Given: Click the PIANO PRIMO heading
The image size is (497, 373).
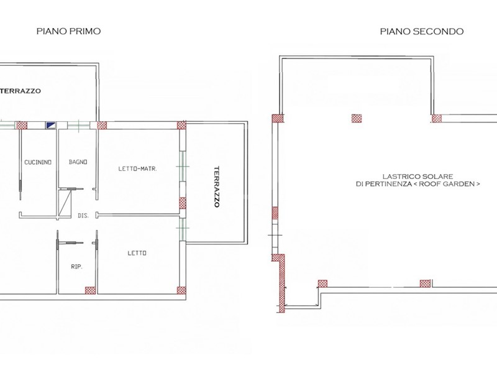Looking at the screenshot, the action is click(x=68, y=31).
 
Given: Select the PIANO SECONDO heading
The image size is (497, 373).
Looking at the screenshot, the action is click(x=422, y=31).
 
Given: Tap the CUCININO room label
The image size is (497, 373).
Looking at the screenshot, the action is click(x=38, y=162).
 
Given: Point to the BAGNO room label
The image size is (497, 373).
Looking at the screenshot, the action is click(x=78, y=162).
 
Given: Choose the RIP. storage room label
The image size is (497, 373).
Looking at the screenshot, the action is click(x=76, y=267).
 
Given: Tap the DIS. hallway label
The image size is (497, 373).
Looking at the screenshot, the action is click(x=83, y=215).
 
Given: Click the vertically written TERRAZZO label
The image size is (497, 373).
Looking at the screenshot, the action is click(x=216, y=186).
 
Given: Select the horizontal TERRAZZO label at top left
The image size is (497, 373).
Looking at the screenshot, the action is click(x=21, y=91).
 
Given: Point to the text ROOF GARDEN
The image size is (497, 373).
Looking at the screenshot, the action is click(x=449, y=183).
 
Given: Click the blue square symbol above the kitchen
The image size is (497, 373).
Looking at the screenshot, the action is click(x=51, y=126).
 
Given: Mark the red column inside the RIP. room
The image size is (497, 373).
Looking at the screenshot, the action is click(x=90, y=290).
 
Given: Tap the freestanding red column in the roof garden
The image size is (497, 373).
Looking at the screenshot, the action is click(x=357, y=118).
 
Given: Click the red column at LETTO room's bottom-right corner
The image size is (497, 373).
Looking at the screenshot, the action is click(x=181, y=290).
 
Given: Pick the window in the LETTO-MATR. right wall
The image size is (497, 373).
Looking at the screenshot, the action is click(x=183, y=167).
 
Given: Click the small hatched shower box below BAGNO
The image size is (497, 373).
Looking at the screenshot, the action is click(x=65, y=203).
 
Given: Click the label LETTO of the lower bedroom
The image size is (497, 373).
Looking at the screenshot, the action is click(x=137, y=253).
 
